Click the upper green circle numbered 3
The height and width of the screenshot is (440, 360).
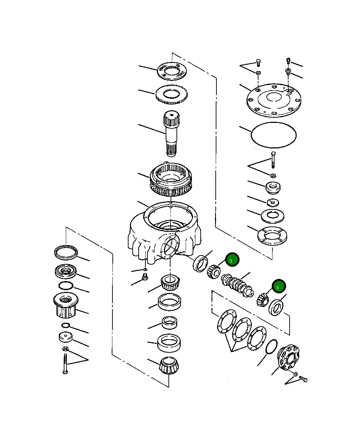(x=232, y=260)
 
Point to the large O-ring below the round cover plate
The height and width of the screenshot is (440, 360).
(x=274, y=135)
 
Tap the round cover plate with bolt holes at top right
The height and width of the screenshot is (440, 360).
(x=274, y=99)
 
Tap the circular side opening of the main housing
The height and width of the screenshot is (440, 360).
(x=171, y=247)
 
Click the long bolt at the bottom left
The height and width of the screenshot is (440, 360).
(x=65, y=364)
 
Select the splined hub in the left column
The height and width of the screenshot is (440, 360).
(x=66, y=305)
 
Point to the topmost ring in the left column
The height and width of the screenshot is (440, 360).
(x=66, y=252)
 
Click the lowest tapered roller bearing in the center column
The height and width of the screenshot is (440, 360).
(x=169, y=365)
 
